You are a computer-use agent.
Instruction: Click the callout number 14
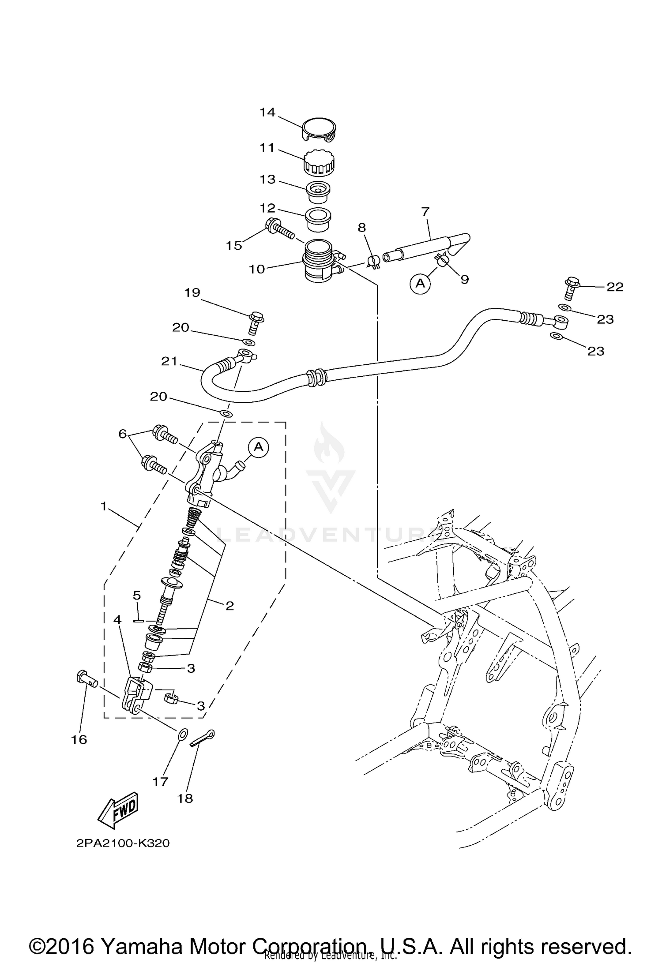click(267, 112)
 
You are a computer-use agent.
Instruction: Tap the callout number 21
click(169, 361)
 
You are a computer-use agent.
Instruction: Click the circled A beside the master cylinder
click(259, 447)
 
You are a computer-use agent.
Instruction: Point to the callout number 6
click(122, 434)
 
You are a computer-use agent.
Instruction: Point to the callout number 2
click(229, 606)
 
